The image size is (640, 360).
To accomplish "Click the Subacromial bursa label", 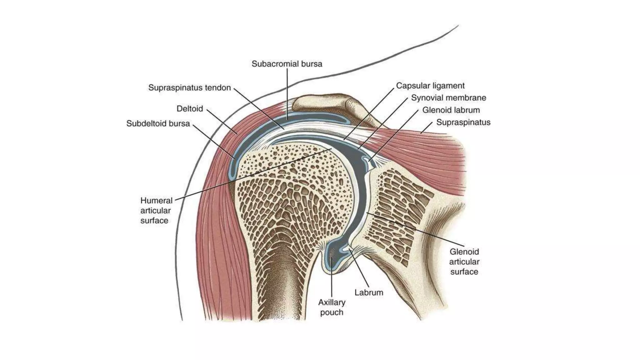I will pyautogui.click(x=287, y=64).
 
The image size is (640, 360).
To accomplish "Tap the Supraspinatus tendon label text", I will pyautogui.click(x=189, y=88).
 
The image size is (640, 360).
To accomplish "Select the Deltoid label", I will pyautogui.click(x=190, y=109).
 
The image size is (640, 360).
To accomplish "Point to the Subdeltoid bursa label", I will pyautogui.click(x=158, y=124).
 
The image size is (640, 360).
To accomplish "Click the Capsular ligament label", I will pyautogui.click(x=430, y=86).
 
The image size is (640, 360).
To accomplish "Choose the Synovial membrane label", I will pyautogui.click(x=448, y=98).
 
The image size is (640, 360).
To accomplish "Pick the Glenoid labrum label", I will pyautogui.click(x=451, y=110).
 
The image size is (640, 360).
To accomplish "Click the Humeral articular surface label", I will pyautogui.click(x=156, y=210).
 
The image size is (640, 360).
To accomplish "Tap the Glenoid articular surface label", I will pyautogui.click(x=464, y=262).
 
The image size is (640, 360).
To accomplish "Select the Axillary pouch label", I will pyautogui.click(x=332, y=307).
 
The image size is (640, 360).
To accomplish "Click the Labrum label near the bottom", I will pyautogui.click(x=369, y=292).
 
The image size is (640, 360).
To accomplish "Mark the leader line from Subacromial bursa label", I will pyautogui.click(x=287, y=94).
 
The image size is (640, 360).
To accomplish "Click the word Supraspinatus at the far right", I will pyautogui.click(x=463, y=122).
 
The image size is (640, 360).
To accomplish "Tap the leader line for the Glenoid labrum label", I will pyautogui.click(x=394, y=135).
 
